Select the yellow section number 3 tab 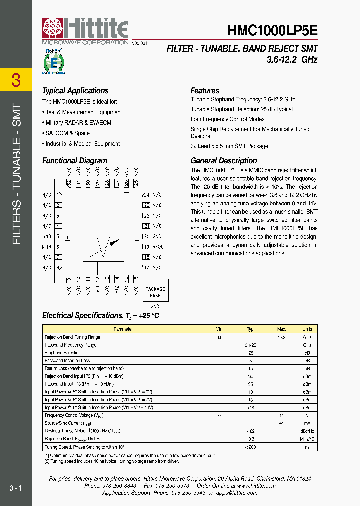[x=16, y=80]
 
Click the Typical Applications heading [x=75, y=91]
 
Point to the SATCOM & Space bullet [x=67, y=133]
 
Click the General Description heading [x=224, y=161]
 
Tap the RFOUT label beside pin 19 [x=159, y=247]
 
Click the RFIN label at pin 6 [x=47, y=247]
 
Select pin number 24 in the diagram [x=146, y=195]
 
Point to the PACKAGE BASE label [x=155, y=292]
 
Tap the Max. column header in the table [x=282, y=329]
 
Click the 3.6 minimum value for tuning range [x=219, y=337]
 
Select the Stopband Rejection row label [x=63, y=353]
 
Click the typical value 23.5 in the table [x=251, y=376]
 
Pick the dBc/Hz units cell [x=307, y=431]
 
